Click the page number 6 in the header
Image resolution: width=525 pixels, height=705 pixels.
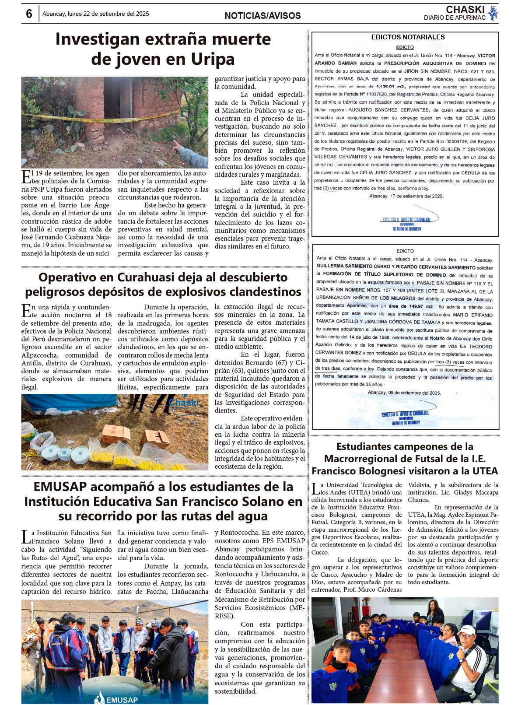[x=29, y=14]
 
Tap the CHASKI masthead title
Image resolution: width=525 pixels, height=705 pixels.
[x=465, y=9]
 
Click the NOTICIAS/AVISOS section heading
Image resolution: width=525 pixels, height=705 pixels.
[x=262, y=16]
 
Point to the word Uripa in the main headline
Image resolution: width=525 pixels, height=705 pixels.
[x=213, y=59]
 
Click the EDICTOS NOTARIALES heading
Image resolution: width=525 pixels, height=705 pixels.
[x=408, y=37]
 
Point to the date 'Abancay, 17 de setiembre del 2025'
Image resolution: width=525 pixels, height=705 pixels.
[x=406, y=196]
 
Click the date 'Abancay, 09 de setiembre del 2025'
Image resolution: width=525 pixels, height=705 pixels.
[x=404, y=393]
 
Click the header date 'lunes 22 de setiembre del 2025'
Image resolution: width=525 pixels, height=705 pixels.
[x=108, y=14]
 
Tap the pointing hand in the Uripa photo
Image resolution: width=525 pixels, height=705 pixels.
[x=178, y=145]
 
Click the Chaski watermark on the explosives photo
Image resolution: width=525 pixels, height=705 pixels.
[x=183, y=402]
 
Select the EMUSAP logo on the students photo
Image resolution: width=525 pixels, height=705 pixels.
[x=116, y=699]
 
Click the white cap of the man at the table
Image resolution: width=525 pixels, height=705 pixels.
[x=466, y=630]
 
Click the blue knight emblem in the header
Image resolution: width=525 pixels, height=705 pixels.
[x=493, y=13]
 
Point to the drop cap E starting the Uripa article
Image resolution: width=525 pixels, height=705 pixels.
[x=26, y=177]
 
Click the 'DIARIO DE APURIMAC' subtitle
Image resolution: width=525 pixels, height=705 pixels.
[x=455, y=18]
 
